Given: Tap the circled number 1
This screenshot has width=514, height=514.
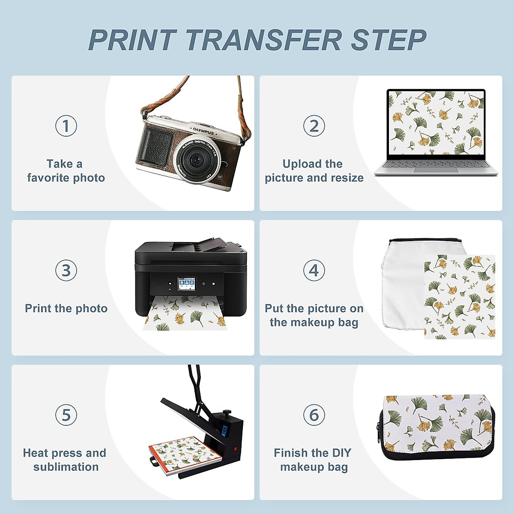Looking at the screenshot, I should click(x=66, y=126).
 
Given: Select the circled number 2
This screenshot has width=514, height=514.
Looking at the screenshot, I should click(x=314, y=126).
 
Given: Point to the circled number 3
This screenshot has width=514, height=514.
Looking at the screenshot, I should click(x=66, y=270).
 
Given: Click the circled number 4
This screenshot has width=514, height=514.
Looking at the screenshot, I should click(x=314, y=270).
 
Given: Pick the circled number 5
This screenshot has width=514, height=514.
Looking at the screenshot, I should click(x=66, y=415).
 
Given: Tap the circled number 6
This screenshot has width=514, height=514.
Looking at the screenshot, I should click(x=314, y=415).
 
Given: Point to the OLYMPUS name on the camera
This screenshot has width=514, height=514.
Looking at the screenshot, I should click(x=203, y=131).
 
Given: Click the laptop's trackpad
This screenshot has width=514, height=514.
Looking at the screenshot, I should click(x=436, y=170).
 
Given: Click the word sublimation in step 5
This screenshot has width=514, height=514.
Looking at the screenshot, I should click(x=66, y=467).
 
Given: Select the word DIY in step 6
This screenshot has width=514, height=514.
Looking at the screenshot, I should click(x=341, y=453).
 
